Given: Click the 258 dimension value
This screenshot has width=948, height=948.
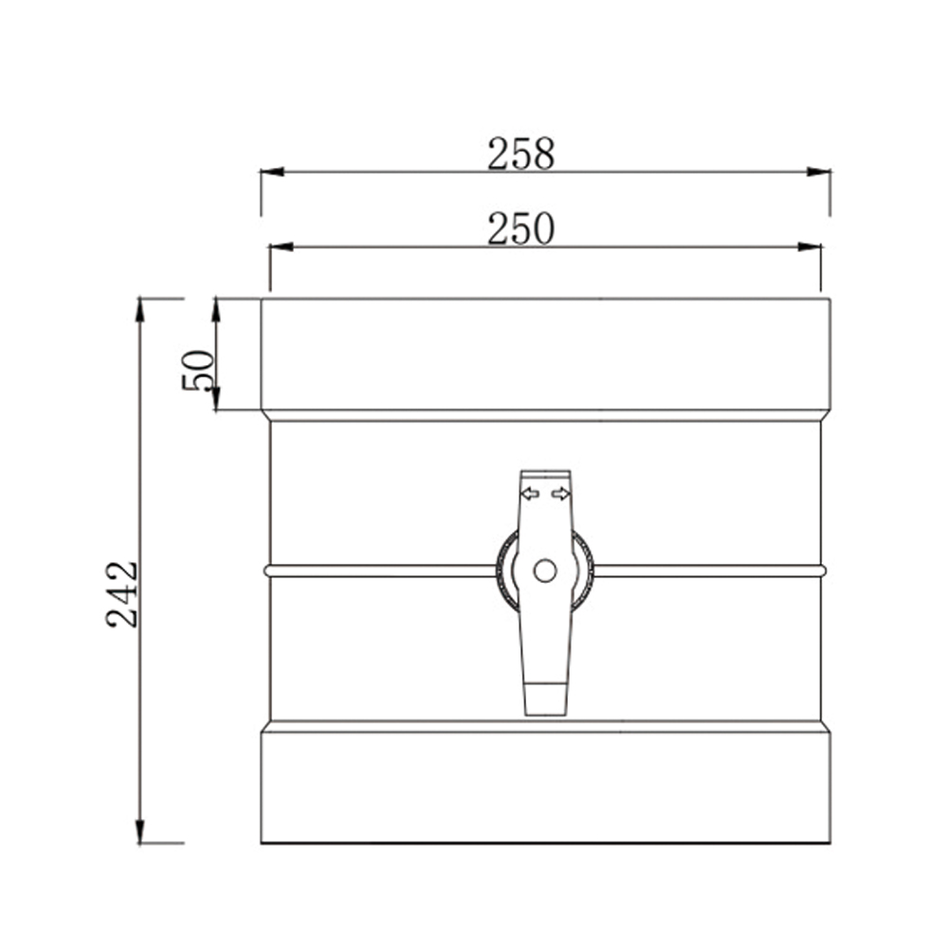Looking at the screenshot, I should click(x=520, y=154).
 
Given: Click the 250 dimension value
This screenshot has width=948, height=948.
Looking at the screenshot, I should click(x=520, y=228).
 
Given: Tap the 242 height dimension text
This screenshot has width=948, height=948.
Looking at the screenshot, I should click(x=123, y=594).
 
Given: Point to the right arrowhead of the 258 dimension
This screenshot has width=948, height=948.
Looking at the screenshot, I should click(x=819, y=172).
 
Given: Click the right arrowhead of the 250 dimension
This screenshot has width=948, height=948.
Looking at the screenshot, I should click(x=810, y=247).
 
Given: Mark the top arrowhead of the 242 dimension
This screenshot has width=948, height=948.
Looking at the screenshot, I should click(x=140, y=309).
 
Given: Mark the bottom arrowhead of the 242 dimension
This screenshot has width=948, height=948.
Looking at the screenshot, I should click(x=140, y=831).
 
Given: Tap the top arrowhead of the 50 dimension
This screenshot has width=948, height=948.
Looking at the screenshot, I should click(x=216, y=309).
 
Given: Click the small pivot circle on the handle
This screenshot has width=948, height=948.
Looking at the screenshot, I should click(x=545, y=571).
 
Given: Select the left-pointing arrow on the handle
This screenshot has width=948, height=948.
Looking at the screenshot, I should click(x=530, y=493).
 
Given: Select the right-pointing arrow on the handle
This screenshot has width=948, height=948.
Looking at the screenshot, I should click(x=561, y=493).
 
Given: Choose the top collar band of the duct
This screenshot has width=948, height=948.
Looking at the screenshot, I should click(x=545, y=355).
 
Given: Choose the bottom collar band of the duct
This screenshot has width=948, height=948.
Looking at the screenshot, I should click(x=545, y=786).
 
